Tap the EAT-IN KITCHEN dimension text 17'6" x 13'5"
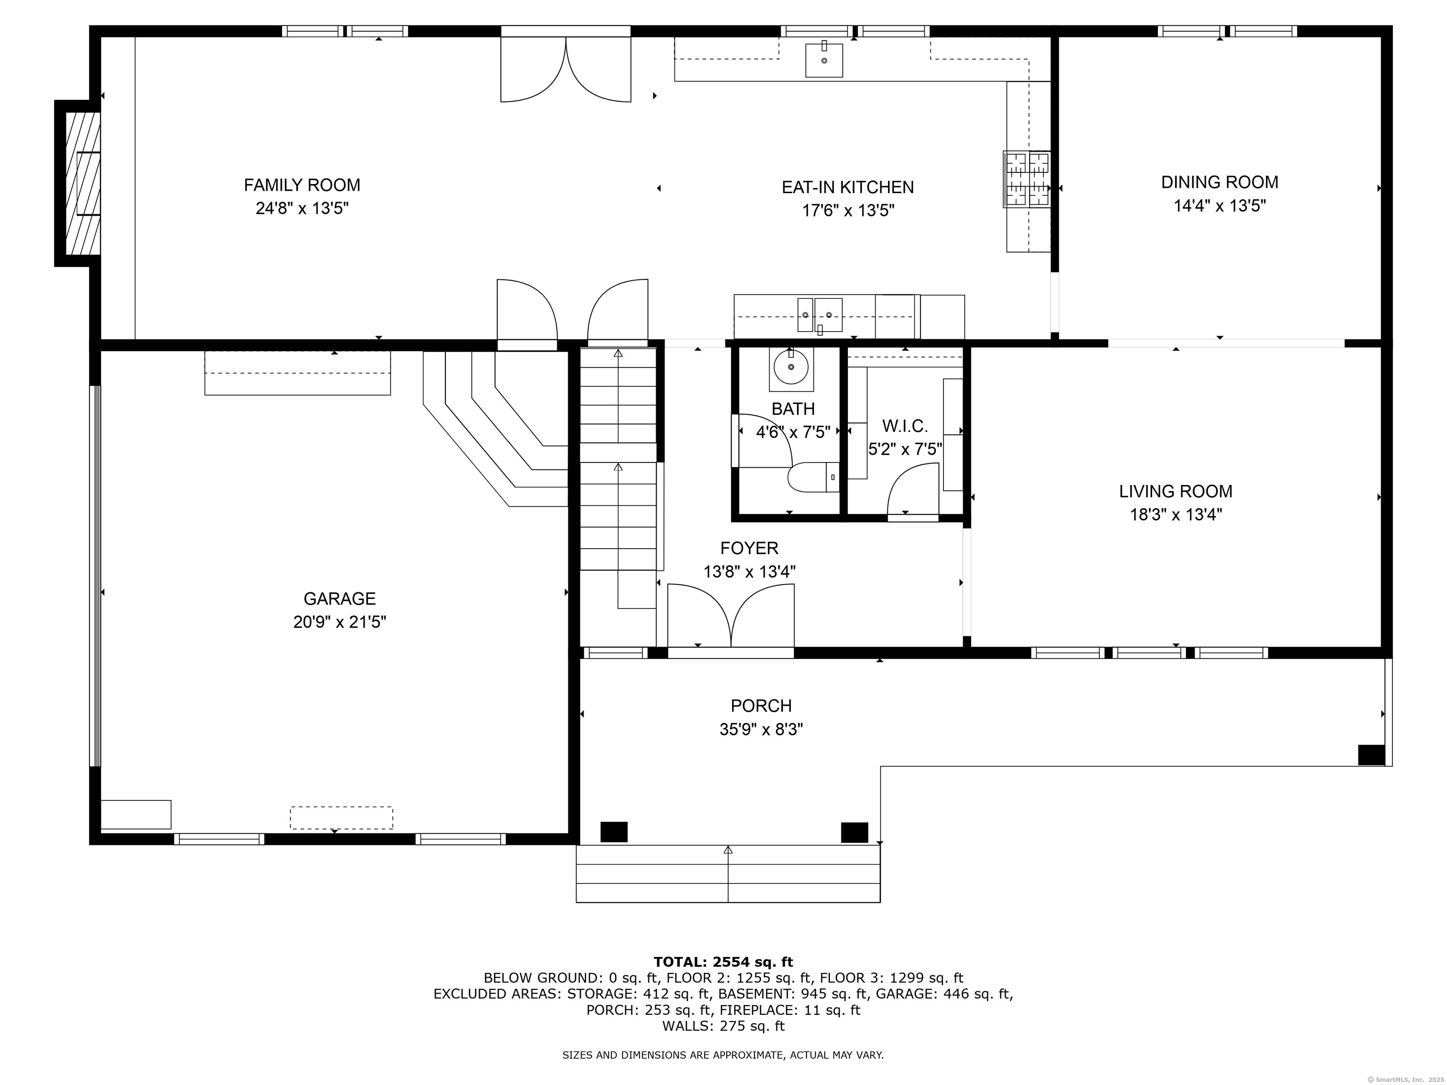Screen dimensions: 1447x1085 coord(848,211)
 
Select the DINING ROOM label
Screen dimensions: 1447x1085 coord(1219,182)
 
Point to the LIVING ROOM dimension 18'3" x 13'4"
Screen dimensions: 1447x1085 coord(1176,515)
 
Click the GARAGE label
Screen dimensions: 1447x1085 coord(340,599)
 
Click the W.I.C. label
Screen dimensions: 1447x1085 coord(905,426)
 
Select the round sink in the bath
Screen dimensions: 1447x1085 coord(791,367)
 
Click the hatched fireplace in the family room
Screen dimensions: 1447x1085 coord(82,183)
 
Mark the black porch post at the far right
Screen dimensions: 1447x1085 coord(1371,755)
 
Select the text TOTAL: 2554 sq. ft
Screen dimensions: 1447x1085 coord(723,962)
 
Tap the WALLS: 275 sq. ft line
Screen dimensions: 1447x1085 coord(723,1026)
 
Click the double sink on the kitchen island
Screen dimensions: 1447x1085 coord(820,315)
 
